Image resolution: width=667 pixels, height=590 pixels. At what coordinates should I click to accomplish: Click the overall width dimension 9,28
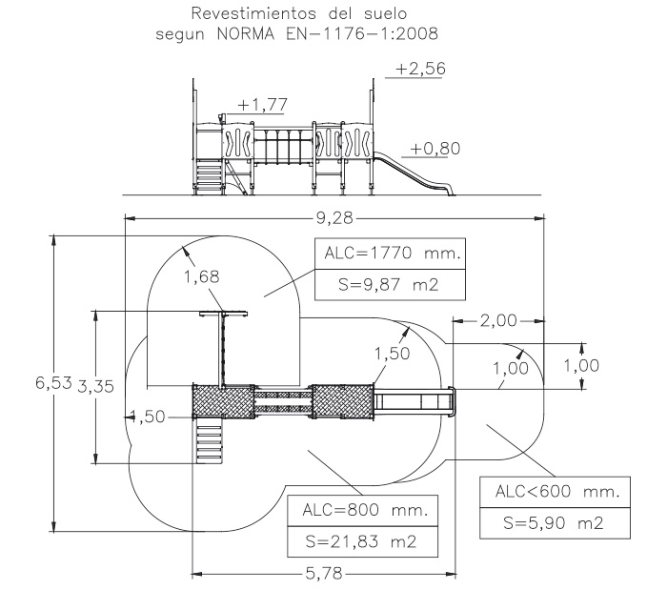coord(334,218)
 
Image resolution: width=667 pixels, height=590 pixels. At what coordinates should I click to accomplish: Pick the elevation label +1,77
coord(264,104)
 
